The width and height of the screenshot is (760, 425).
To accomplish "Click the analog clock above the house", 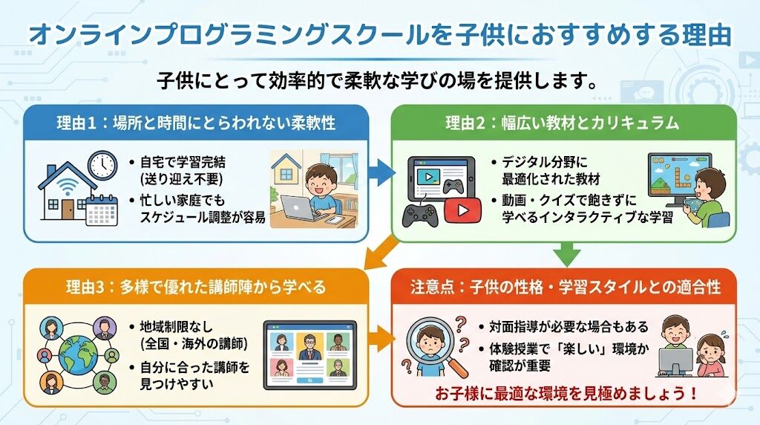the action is [102, 164].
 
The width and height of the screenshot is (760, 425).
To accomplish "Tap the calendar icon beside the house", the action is [102, 210].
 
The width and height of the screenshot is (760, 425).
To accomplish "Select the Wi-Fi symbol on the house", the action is [67, 186].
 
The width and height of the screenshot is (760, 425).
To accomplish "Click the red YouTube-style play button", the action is [462, 210].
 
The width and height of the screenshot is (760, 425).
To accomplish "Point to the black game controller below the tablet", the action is [420, 215].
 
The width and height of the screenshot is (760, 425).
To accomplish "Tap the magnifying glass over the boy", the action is [433, 345].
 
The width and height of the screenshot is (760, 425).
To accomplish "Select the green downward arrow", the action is [567, 254].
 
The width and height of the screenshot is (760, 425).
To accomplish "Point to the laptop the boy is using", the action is [300, 208].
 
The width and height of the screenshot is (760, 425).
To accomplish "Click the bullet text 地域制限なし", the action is [176, 326].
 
